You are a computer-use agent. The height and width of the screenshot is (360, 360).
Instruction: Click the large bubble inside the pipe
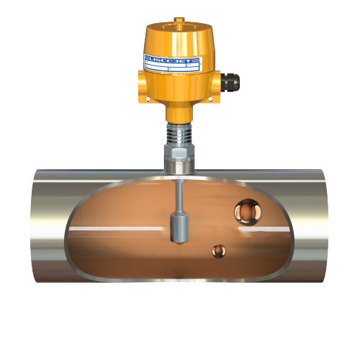[x=247, y=212]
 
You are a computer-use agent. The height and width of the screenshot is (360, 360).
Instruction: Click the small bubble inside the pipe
[x=217, y=251]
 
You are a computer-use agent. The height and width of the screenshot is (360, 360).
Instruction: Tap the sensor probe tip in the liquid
[x=179, y=227]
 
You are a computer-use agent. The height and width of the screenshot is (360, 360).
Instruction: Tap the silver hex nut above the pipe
[x=178, y=152]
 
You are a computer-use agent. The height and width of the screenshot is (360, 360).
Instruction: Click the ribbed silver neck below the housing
[x=177, y=132]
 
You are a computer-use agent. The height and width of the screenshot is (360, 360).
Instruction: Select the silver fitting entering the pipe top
[x=178, y=167]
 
